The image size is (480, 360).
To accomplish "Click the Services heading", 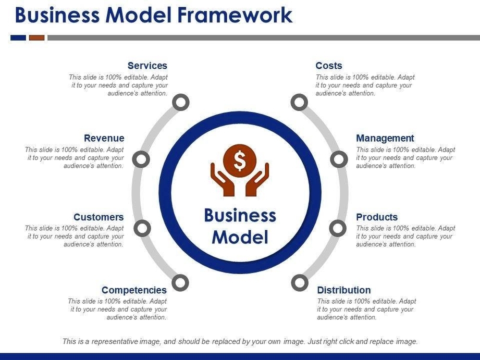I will [147, 66].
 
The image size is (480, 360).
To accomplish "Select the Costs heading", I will [329, 66].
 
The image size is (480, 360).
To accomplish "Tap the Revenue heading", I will [104, 138].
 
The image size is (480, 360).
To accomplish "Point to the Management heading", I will [385, 138].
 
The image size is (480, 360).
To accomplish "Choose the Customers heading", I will [99, 217].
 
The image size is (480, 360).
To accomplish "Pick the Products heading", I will [377, 217].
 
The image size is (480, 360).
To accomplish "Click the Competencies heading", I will [134, 290].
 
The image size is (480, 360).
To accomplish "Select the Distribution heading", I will [344, 290].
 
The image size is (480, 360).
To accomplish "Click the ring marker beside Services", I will [180, 103].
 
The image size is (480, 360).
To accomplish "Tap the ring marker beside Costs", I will [299, 103].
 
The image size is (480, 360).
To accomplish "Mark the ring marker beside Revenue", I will [141, 159].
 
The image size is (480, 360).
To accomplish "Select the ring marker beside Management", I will [339, 159].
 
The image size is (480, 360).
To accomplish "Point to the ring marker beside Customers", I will [142, 228].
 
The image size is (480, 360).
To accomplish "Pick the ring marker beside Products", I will [338, 228].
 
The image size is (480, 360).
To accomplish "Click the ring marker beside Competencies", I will [180, 283].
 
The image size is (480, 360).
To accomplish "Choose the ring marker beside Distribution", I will [300, 283].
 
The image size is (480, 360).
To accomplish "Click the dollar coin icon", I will [240, 160].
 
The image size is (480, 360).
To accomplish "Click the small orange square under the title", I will [36, 38].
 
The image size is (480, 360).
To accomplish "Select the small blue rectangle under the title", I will [18, 38].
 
